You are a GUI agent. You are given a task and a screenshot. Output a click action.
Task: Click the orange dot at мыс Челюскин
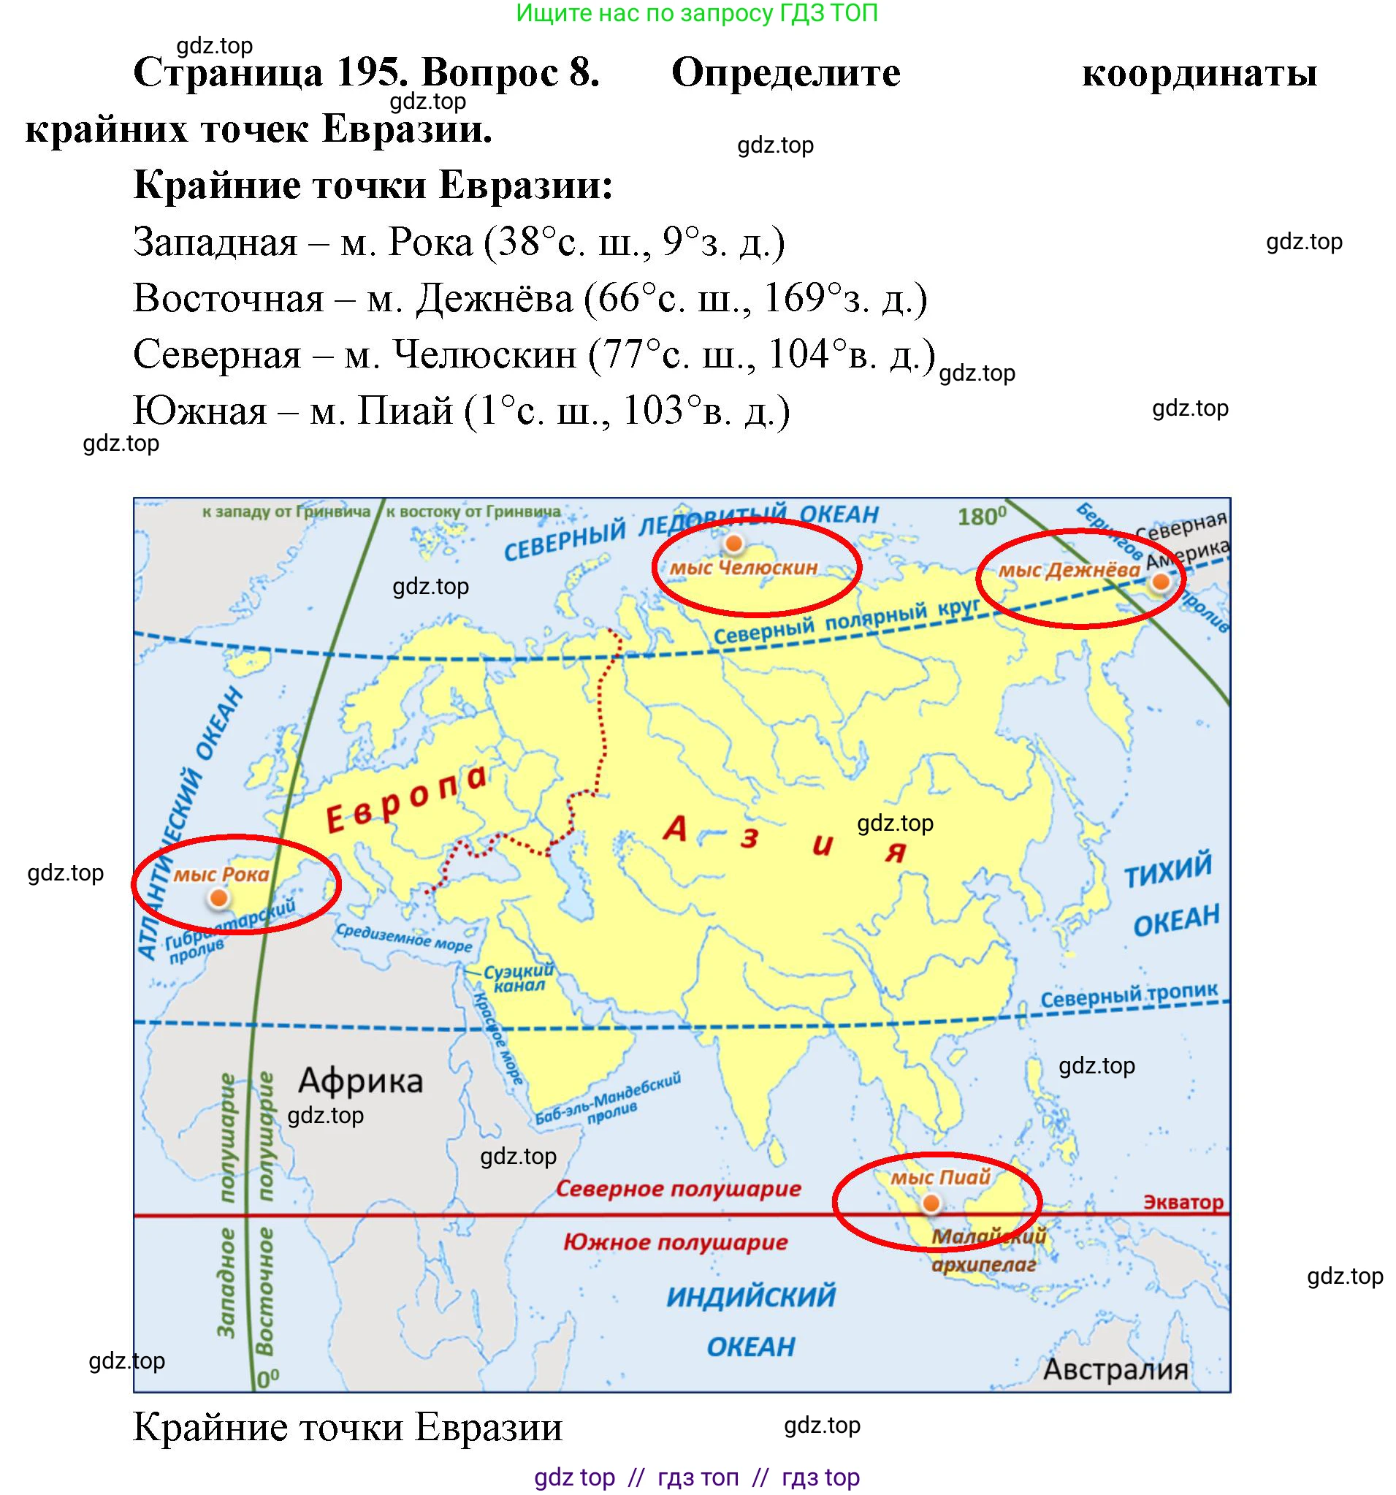click(733, 543)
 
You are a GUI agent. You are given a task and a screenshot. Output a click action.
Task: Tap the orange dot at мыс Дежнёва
click(1160, 582)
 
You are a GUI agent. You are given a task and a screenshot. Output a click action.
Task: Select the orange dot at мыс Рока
click(218, 897)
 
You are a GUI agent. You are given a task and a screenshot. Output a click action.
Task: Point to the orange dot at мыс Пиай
click(931, 1203)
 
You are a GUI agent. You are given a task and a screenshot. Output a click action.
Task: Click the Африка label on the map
click(360, 1081)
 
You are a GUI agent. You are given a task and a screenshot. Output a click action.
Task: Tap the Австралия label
click(1115, 1369)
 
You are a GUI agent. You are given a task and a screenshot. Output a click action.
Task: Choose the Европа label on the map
click(407, 799)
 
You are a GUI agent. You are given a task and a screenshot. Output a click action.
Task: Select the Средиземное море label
click(404, 937)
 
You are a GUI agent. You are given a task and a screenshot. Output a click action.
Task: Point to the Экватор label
click(1183, 1202)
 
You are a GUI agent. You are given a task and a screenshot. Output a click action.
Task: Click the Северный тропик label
click(1129, 995)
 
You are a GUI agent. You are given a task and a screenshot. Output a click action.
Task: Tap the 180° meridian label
click(981, 517)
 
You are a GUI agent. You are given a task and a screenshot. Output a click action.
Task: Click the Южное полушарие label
click(675, 1241)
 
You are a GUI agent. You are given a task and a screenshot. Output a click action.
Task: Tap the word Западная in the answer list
click(215, 242)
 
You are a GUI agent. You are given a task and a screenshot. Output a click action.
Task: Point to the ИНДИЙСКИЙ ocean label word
click(751, 1296)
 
